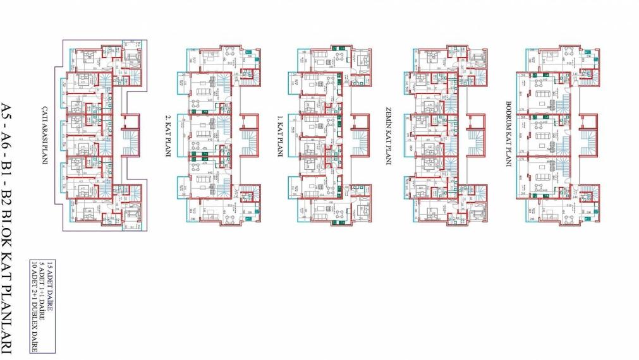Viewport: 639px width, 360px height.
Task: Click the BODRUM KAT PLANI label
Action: [x=508, y=133]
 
